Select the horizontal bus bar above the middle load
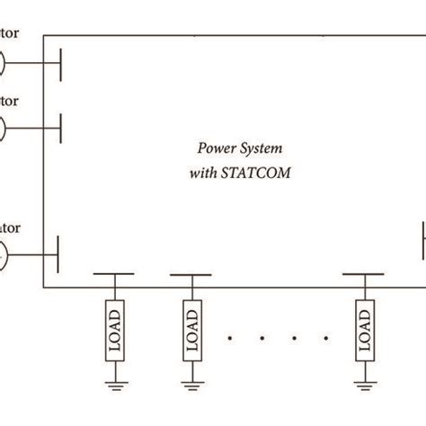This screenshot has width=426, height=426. [191, 274]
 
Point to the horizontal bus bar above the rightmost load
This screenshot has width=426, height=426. [365, 274]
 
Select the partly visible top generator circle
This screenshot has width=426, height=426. [3, 63]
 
